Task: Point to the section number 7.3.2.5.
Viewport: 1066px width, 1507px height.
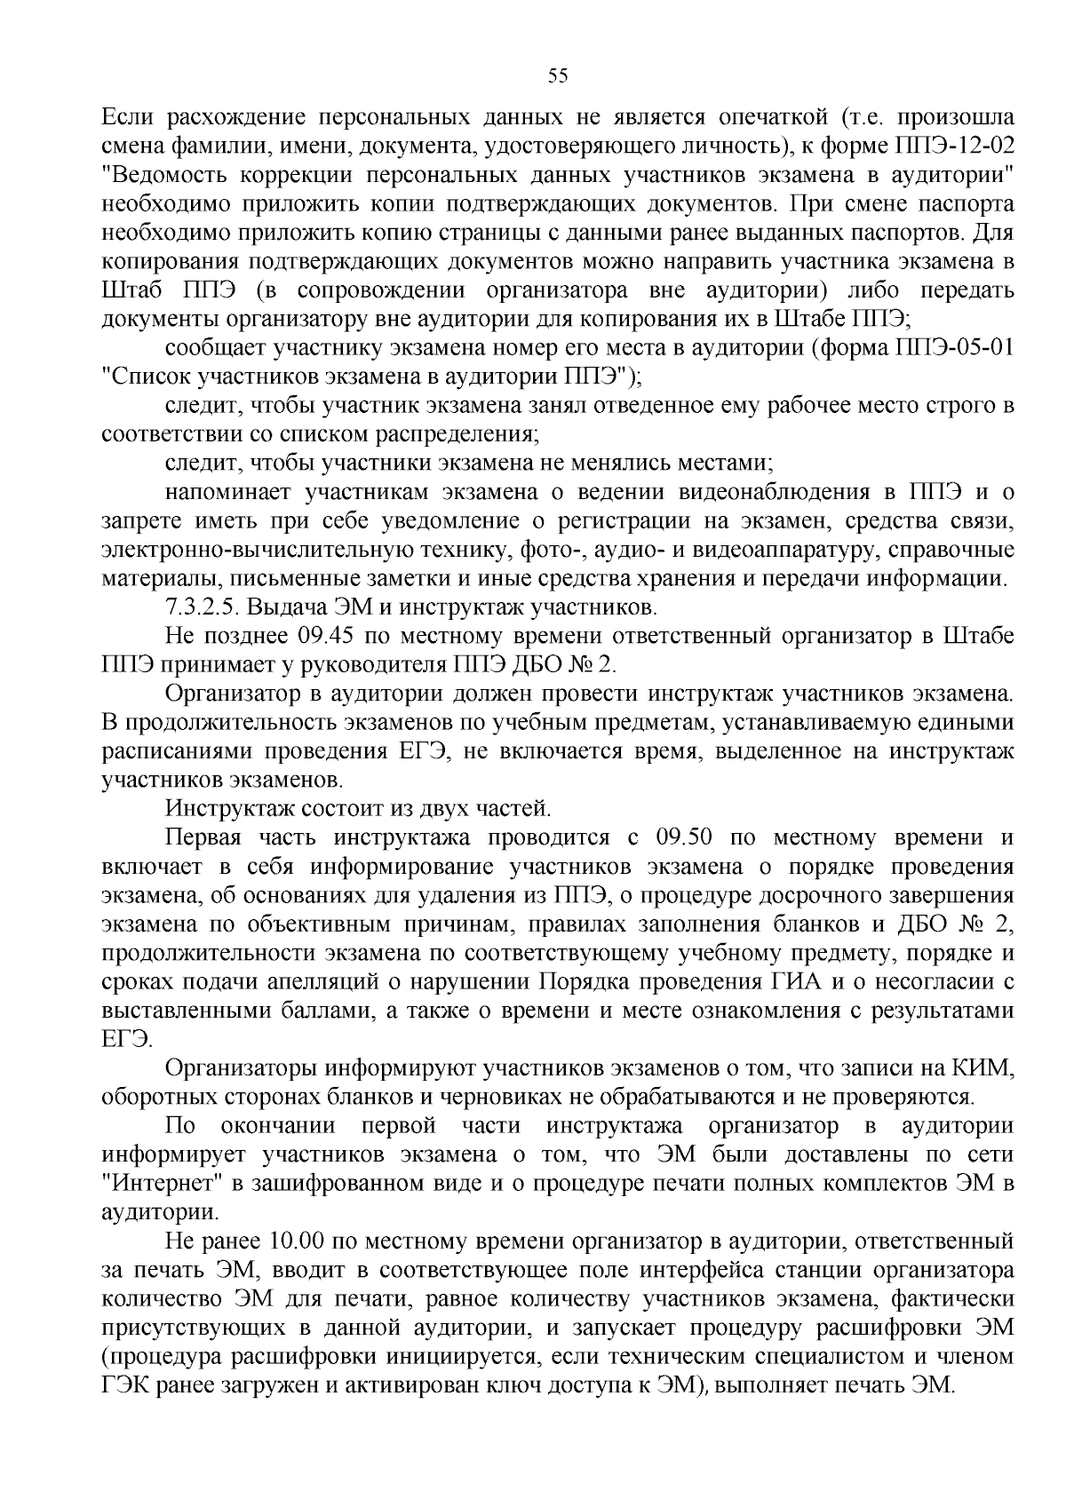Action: tap(203, 608)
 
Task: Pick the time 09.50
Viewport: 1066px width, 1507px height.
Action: tap(684, 837)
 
